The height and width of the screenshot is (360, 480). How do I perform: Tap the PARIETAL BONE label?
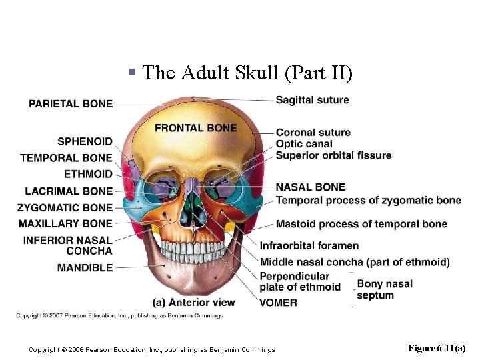coord(71,103)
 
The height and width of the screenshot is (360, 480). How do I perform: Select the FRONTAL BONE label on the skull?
coord(195,127)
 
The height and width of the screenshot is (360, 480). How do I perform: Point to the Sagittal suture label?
coord(312,100)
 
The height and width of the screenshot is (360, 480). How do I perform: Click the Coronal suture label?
coord(313,133)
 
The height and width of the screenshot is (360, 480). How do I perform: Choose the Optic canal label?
coord(304,144)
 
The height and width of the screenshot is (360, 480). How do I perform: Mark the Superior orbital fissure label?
coord(333,155)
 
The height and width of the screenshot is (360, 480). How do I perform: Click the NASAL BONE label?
coord(311,187)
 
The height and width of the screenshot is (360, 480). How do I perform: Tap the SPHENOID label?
coord(85,141)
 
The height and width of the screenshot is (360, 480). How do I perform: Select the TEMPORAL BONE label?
coord(66,158)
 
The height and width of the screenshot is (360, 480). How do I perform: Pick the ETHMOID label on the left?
coord(88,174)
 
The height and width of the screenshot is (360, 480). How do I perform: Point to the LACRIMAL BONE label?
coord(69,191)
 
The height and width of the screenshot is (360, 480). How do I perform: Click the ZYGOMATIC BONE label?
coord(65,208)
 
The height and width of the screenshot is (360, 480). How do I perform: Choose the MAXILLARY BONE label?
coord(65,223)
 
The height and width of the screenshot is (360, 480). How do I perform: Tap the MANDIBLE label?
coord(85,267)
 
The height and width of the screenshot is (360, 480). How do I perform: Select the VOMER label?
coord(279,302)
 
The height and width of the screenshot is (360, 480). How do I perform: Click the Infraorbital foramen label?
coord(309,246)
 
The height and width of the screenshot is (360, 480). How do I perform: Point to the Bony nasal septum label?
coord(385,289)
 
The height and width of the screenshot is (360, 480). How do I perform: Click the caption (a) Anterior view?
coord(193,302)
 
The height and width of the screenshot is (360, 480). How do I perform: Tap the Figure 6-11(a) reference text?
coord(437,349)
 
